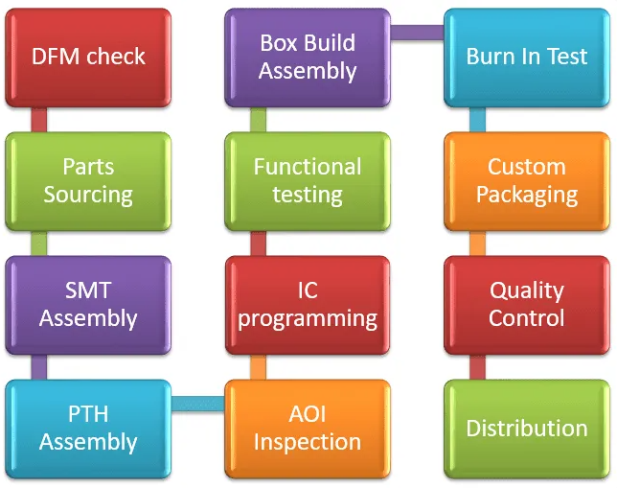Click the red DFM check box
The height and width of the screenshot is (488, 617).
click(88, 57)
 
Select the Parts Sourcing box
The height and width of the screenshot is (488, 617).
click(88, 180)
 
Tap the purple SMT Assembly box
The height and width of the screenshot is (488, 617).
click(88, 304)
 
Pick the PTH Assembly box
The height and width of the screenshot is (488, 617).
click(88, 429)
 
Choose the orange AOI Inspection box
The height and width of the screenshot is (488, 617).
click(308, 429)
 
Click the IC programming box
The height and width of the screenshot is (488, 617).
click(308, 304)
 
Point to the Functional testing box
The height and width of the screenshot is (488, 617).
click(308, 180)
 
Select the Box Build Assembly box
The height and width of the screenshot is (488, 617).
click(308, 57)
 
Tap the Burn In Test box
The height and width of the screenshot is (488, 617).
click(526, 57)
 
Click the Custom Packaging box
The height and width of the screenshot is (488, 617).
click(526, 180)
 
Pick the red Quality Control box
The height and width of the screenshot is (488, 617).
click(526, 304)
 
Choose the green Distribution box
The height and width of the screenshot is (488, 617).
click(526, 429)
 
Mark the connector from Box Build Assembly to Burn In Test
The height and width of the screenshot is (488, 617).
click(417, 33)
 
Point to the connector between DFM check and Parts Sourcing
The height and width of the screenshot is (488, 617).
click(39, 119)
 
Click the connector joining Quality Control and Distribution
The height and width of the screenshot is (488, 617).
click(477, 367)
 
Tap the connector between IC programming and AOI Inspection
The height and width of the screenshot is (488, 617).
click(258, 367)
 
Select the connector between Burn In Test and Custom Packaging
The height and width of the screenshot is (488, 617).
click(477, 119)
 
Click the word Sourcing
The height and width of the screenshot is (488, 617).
click(88, 195)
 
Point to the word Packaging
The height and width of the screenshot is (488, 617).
click(526, 196)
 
